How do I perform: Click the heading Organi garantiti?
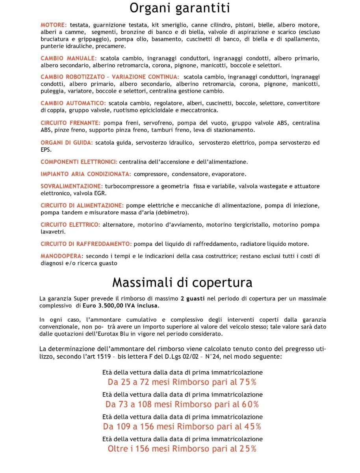pyautogui.click(x=180, y=8)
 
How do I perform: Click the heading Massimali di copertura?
pyautogui.click(x=182, y=283)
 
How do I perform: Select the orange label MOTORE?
pyautogui.click(x=54, y=25)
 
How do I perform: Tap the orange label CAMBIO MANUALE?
pyautogui.click(x=69, y=58)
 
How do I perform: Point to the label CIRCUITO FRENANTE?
pyautogui.click(x=71, y=123)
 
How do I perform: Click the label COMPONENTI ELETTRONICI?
pyautogui.click(x=79, y=162)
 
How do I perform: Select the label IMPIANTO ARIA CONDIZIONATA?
pyautogui.click(x=86, y=174)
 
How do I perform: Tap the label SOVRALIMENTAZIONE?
pyautogui.click(x=72, y=186)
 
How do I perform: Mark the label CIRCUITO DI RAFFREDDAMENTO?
pyautogui.click(x=86, y=244)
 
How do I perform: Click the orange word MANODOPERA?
pyautogui.click(x=61, y=256)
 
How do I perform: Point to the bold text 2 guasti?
pyautogui.click(x=193, y=298)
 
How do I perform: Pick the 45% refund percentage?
pyautogui.click(x=252, y=426)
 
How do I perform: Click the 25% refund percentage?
pyautogui.click(x=248, y=449)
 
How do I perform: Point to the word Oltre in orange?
pyautogui.click(x=117, y=449)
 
